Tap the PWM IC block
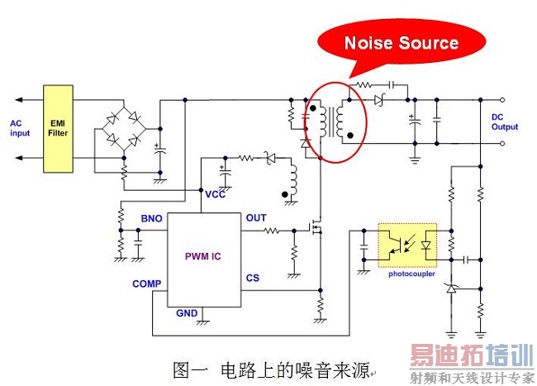pos(202,256)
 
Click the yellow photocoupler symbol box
pos(406,245)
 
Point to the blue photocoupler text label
pos(411,274)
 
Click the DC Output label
pos(504,122)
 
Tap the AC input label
pos(20,128)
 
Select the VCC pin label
pos(216,195)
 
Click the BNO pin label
pos(151,219)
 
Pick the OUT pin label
pos(256,218)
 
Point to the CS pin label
pos(252,279)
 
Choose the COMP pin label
pos(146,284)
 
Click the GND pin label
pos(187,314)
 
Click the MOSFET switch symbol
pos(315,226)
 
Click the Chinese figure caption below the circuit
pos(273,369)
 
